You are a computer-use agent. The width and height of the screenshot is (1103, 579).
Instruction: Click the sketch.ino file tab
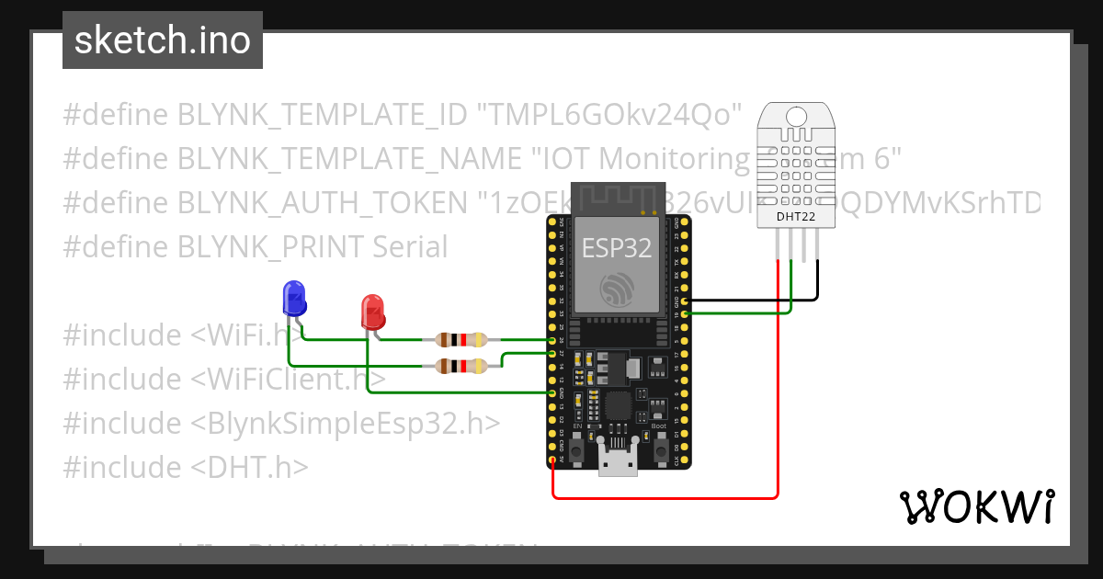[162, 40]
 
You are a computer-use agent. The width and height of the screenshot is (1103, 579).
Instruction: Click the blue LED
[293, 299]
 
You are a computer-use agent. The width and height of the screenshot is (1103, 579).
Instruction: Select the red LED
[372, 311]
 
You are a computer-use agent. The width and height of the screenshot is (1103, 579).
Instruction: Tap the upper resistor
[461, 340]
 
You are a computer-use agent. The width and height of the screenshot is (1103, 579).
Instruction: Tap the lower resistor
[461, 367]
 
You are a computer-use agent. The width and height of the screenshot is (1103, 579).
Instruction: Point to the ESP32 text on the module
[617, 247]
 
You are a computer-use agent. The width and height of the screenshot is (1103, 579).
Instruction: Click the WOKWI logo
[976, 506]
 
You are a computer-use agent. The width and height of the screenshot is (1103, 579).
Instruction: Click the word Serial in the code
[410, 247]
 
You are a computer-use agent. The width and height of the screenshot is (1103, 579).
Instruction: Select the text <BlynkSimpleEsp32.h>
[346, 424]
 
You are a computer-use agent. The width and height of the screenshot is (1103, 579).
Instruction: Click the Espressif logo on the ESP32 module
[617, 289]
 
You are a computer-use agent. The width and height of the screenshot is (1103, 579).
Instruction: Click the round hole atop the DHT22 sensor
[797, 116]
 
